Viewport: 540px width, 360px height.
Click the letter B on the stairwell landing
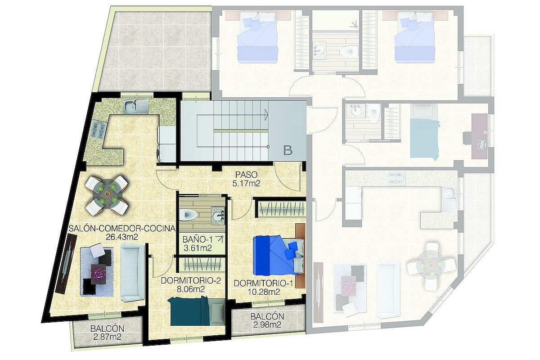pyautogui.click(x=288, y=150)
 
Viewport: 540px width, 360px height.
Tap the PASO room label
pyautogui.click(x=247, y=174)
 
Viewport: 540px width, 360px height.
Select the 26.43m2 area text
pyautogui.click(x=122, y=237)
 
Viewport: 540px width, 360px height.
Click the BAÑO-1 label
pyautogui.click(x=198, y=239)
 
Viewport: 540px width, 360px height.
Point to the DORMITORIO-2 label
pyautogui.click(x=191, y=281)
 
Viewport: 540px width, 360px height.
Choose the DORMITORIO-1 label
pyautogui.click(x=264, y=283)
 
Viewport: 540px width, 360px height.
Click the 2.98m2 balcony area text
pyautogui.click(x=267, y=325)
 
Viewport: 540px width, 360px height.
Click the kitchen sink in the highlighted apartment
pyautogui.click(x=136, y=107)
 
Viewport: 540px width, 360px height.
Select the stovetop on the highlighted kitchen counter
pyautogui.click(x=98, y=129)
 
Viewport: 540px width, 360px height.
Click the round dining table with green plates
pyautogui.click(x=107, y=194)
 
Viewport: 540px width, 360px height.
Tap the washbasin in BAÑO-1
pyautogui.click(x=218, y=215)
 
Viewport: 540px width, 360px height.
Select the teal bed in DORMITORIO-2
pyautogui.click(x=197, y=311)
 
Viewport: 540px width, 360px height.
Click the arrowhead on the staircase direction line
pyautogui.click(x=266, y=114)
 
